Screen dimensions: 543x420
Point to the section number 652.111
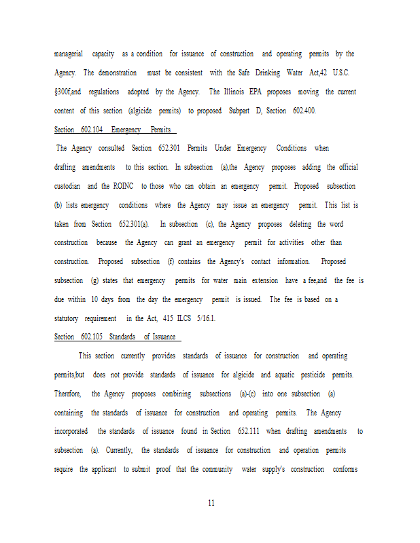tap(249, 432)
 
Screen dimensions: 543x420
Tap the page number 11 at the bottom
tap(211, 503)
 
